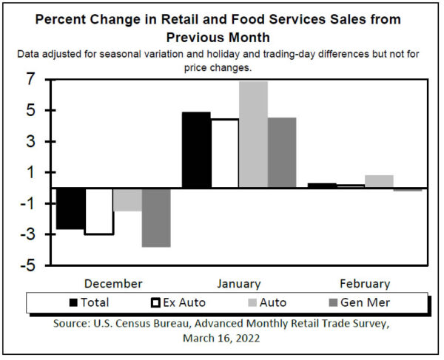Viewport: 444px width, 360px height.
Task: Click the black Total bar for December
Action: [71, 208]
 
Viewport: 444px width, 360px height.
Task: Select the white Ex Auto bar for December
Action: [99, 211]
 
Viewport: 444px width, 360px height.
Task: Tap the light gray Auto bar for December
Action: [127, 200]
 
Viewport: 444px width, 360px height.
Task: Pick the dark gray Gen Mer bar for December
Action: [156, 217]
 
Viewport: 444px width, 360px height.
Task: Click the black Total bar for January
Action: [196, 150]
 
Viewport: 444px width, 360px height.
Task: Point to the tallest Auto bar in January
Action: [253, 135]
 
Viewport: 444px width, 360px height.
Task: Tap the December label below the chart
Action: [113, 284]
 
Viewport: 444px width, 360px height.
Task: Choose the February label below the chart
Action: [364, 284]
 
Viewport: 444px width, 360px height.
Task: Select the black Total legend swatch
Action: [73, 302]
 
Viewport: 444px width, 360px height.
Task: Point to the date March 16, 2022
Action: [222, 339]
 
